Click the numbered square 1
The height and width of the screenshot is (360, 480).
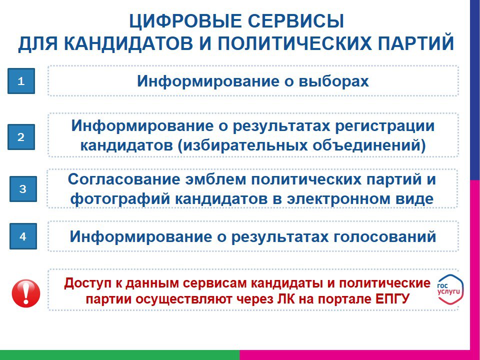21,81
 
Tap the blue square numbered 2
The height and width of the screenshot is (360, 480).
21,137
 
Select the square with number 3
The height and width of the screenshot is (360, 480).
23,189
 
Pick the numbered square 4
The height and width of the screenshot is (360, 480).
23,236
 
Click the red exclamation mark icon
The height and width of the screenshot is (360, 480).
26,293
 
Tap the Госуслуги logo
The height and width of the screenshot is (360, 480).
449,289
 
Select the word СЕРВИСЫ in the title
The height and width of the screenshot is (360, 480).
295,21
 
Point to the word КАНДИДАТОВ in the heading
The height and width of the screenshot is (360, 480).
128,43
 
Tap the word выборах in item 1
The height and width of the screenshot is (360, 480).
333,81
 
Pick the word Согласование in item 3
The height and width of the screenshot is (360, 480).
124,179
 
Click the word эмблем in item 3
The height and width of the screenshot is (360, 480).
215,179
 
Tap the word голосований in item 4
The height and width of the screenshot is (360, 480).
384,236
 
